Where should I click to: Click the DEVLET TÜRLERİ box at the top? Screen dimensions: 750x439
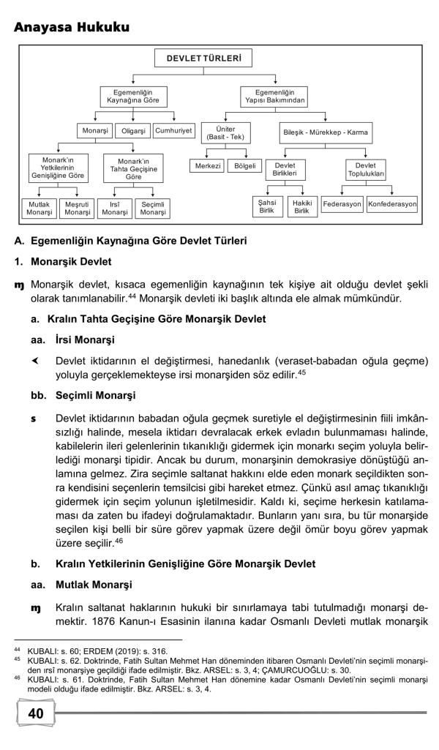[x=203, y=57]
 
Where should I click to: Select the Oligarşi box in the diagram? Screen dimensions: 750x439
[x=132, y=131]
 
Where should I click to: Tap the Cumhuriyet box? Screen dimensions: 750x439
[x=174, y=131]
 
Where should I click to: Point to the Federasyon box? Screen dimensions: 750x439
[x=342, y=204]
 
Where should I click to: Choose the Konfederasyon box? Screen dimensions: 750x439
[x=392, y=204]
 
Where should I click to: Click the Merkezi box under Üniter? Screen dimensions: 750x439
[x=206, y=166]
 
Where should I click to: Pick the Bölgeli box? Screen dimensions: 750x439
[x=244, y=166]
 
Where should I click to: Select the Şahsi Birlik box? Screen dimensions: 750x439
[x=267, y=207]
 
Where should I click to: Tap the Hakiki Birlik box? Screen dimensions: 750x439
[x=301, y=207]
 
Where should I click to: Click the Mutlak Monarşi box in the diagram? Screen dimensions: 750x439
[x=40, y=208]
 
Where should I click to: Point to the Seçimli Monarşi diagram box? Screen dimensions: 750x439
[x=153, y=208]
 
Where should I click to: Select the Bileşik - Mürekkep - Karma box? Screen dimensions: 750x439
[x=326, y=132]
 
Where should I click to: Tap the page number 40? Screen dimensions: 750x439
[x=35, y=713]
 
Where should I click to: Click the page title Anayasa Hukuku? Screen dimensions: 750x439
[x=71, y=27]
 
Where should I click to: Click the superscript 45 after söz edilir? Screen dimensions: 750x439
[x=301, y=373]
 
